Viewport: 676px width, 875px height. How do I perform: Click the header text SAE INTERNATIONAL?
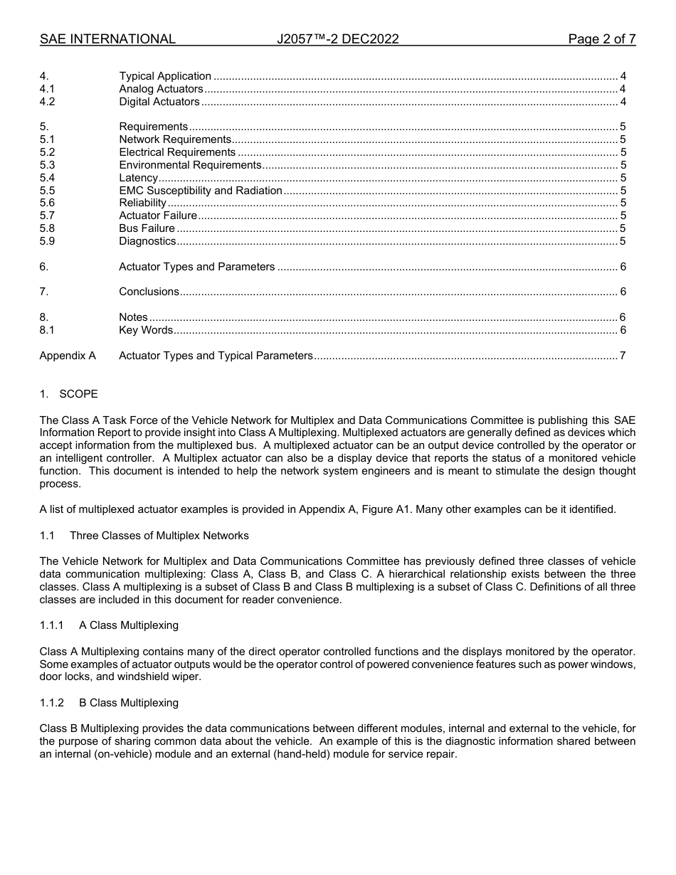107,40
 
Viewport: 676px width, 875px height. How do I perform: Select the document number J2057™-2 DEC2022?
337,40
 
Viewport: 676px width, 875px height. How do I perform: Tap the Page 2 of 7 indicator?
601,40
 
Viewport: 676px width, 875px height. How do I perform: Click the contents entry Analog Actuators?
161,89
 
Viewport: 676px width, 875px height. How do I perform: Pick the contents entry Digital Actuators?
159,102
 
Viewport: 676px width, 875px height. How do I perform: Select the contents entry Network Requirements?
175,140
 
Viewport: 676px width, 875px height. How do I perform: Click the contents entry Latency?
138,178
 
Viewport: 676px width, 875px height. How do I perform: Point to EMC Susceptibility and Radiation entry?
201,191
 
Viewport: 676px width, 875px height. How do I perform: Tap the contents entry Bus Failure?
147,228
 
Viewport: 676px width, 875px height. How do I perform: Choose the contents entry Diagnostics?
147,241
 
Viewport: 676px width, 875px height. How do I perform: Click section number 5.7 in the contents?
47,216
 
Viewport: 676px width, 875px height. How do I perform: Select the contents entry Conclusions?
149,292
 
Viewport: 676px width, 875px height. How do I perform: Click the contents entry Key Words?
146,330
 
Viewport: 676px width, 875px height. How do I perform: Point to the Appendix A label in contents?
68,356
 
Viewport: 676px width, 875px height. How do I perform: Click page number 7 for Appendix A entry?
623,356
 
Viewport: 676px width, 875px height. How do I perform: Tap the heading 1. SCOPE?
69,394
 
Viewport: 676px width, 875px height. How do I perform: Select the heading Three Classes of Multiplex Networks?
159,536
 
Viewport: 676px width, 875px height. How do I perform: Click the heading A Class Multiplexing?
129,625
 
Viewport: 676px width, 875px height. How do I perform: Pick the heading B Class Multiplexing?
129,703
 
